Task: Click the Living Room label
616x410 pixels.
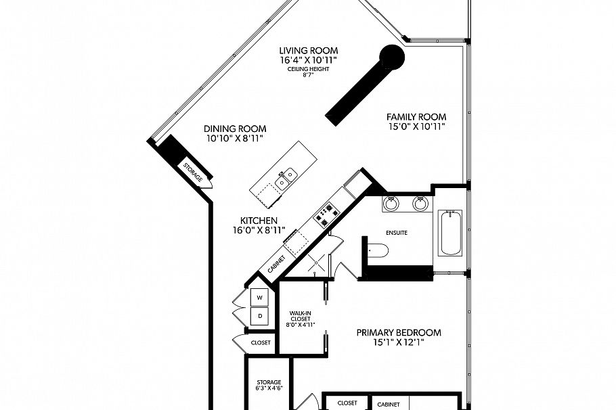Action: (309, 51)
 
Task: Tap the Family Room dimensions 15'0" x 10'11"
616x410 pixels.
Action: (416, 127)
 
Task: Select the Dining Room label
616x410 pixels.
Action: (235, 129)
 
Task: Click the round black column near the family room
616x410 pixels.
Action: (391, 57)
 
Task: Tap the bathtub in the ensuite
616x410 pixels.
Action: (450, 233)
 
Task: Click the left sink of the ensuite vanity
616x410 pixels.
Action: (391, 203)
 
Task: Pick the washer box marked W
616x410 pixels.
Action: (260, 297)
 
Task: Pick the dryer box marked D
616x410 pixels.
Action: (260, 315)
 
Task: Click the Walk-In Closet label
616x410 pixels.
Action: (300, 318)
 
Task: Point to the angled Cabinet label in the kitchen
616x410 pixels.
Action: (276, 263)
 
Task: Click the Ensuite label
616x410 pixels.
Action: (397, 233)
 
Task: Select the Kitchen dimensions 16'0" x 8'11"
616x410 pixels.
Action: (259, 231)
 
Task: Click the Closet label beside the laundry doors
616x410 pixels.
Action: (261, 342)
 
